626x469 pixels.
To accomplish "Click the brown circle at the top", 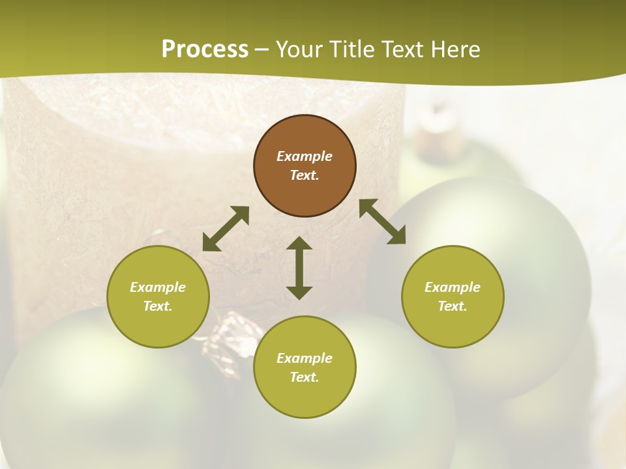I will tap(305, 166).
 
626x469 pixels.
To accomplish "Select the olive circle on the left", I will tap(158, 296).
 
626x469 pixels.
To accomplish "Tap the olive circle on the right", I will tap(453, 296).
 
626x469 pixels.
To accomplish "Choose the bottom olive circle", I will tap(305, 367).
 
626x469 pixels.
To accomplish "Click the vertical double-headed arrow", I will tap(299, 268).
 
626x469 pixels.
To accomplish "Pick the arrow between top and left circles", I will tap(226, 229).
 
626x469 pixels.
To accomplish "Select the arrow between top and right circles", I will tap(382, 221).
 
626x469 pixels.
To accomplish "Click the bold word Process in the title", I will tap(205, 49).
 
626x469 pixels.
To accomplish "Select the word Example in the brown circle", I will tap(305, 156).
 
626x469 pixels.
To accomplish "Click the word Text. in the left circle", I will tap(158, 306).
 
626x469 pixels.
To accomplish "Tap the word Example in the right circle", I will tap(453, 287).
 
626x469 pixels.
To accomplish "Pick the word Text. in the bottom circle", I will tap(305, 377).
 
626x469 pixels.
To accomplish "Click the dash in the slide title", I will tap(262, 50).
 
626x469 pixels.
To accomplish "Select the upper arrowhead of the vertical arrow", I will tap(299, 244).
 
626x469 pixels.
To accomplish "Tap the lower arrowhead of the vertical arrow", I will tap(299, 292).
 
